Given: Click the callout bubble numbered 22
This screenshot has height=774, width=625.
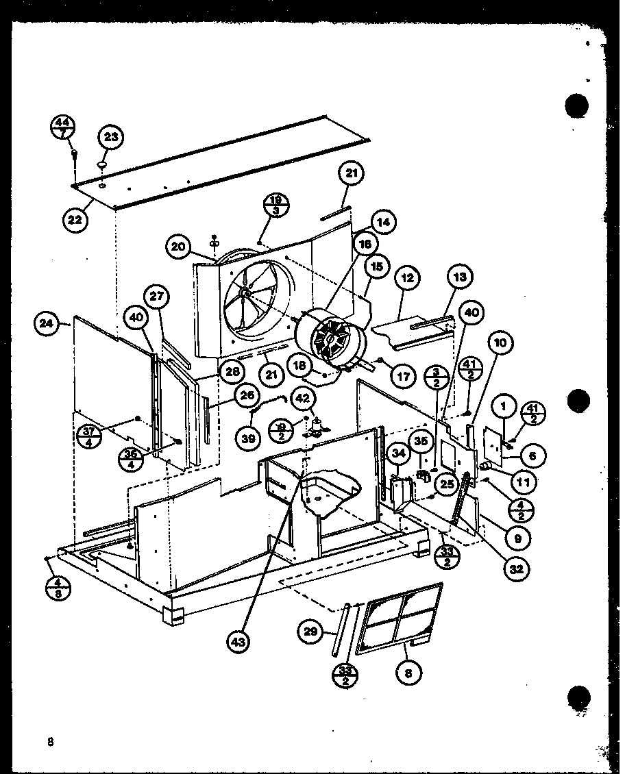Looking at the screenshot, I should [x=75, y=220].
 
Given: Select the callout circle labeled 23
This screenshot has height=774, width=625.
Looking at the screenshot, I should [x=110, y=137].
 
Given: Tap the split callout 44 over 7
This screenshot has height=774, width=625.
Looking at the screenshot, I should [x=64, y=129].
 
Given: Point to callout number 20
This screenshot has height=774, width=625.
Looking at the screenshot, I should [x=179, y=247].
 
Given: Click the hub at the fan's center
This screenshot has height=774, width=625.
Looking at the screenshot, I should [x=245, y=291].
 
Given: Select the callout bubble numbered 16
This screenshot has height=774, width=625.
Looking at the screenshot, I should [x=365, y=243].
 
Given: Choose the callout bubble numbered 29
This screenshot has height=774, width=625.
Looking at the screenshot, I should [x=310, y=631].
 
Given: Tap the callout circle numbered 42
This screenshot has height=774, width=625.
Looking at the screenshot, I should [x=302, y=398].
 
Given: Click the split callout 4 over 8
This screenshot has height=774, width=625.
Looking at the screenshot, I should [x=57, y=588].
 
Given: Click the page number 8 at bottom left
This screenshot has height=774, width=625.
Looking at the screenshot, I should [x=50, y=742].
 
